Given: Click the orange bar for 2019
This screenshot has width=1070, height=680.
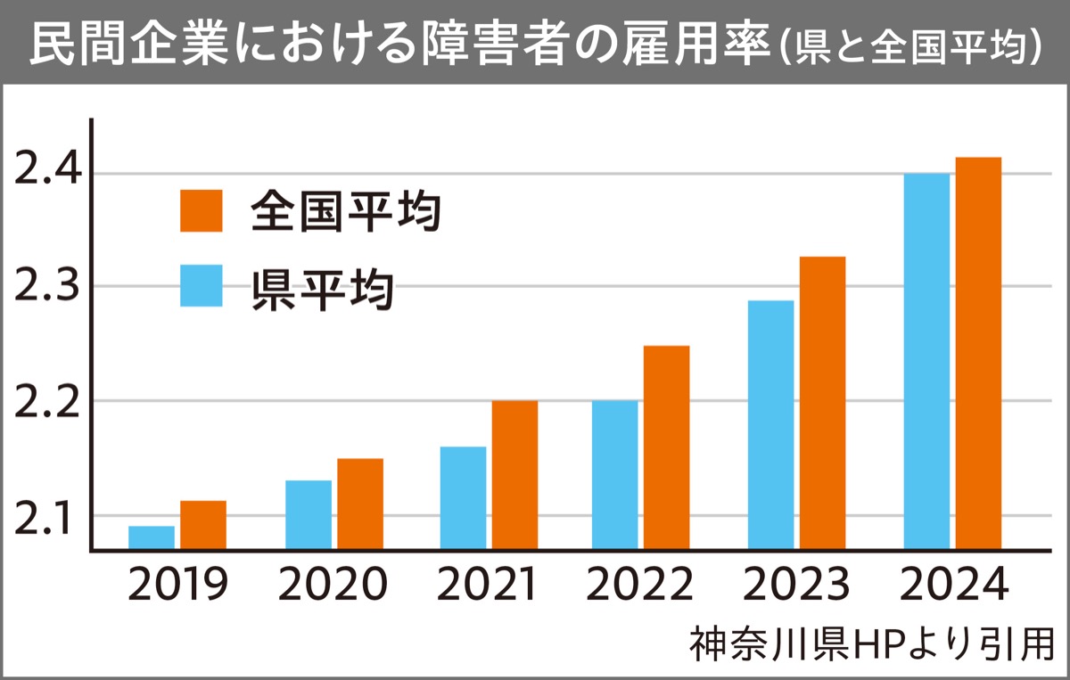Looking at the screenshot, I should (x=203, y=525).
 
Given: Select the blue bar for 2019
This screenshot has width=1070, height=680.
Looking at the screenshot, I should (x=152, y=537).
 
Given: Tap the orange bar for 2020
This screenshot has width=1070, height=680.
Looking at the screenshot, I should (x=360, y=504).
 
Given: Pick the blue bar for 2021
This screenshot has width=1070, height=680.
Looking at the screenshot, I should (x=463, y=497).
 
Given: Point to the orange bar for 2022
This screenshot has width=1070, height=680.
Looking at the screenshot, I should (x=666, y=447).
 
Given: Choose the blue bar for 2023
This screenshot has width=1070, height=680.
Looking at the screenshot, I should (x=770, y=424).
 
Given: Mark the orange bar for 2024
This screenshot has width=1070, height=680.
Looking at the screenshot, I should (x=978, y=353).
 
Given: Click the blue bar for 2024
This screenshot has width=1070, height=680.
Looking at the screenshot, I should (x=926, y=361).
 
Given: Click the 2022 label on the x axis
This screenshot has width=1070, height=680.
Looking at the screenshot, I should (x=640, y=586).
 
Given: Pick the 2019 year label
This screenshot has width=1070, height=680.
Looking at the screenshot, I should (x=177, y=586).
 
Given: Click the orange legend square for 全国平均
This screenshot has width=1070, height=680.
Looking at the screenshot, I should (x=202, y=210).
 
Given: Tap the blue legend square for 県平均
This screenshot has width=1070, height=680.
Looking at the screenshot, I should (x=202, y=285).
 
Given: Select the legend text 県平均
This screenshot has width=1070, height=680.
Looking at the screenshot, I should (x=322, y=287).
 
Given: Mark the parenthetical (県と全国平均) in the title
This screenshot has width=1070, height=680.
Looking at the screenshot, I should (x=910, y=46).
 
